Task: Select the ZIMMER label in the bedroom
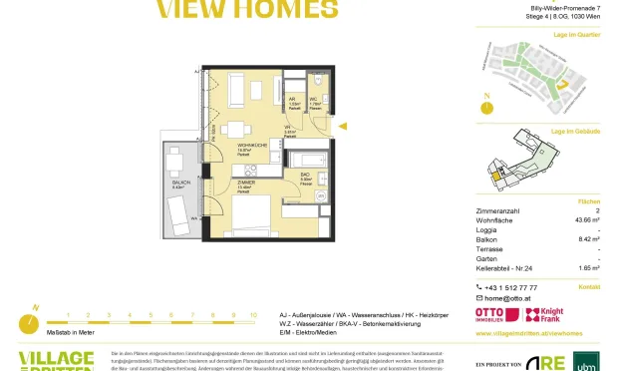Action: point(246,184)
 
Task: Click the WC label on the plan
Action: point(311,100)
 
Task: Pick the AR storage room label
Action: point(293,100)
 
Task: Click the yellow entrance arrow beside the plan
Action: point(343,127)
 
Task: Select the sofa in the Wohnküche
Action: point(233,92)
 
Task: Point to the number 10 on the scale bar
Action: point(253,314)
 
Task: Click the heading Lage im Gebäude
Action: point(578,131)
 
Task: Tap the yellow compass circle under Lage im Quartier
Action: point(487,104)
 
